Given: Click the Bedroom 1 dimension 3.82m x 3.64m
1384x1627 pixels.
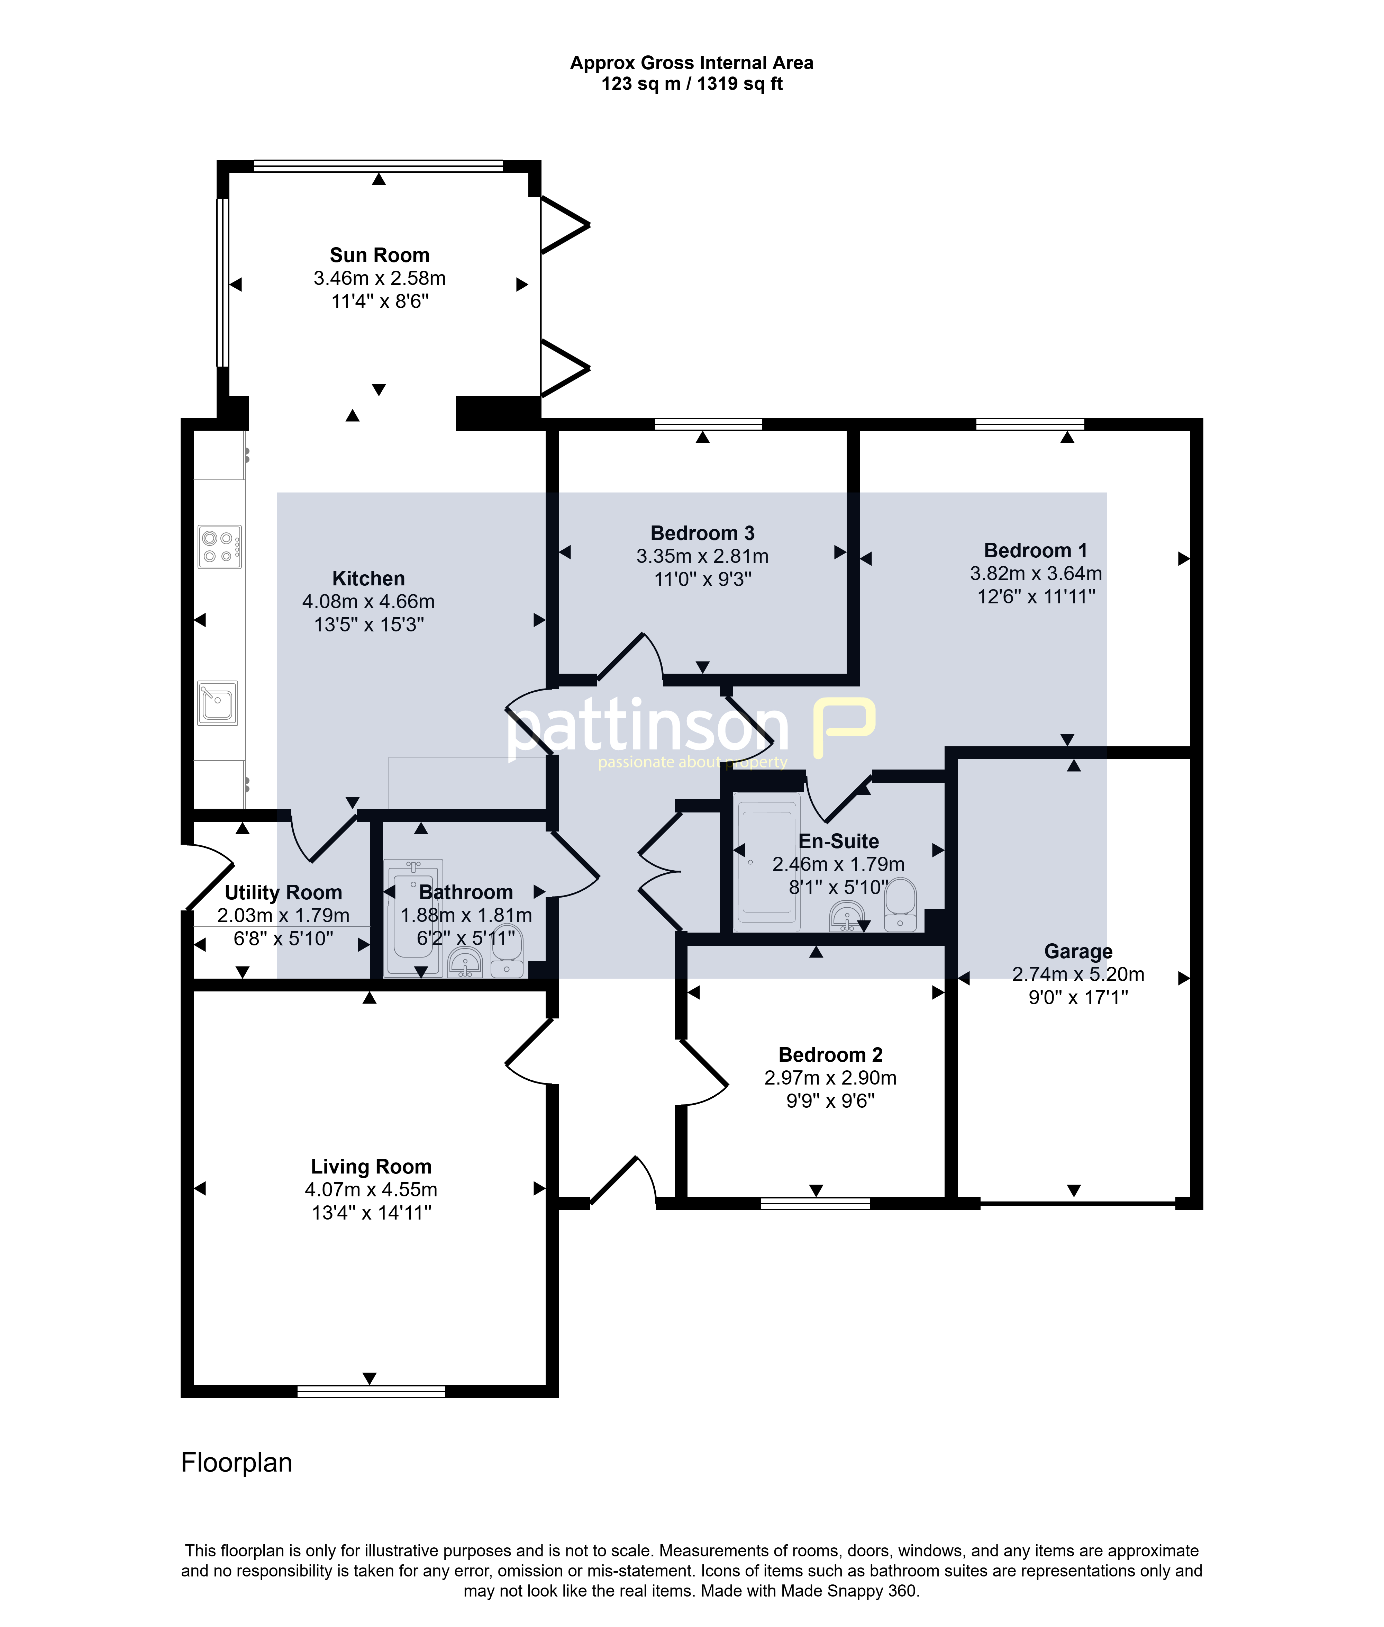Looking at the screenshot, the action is pyautogui.click(x=1036, y=574).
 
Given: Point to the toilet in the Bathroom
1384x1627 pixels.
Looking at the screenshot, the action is pyautogui.click(x=507, y=951).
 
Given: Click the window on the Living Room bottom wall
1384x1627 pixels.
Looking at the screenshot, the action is pyautogui.click(x=371, y=1392).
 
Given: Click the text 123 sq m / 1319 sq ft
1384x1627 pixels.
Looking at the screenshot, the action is pyautogui.click(x=692, y=84).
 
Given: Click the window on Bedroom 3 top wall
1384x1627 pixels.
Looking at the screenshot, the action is pyautogui.click(x=709, y=425).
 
